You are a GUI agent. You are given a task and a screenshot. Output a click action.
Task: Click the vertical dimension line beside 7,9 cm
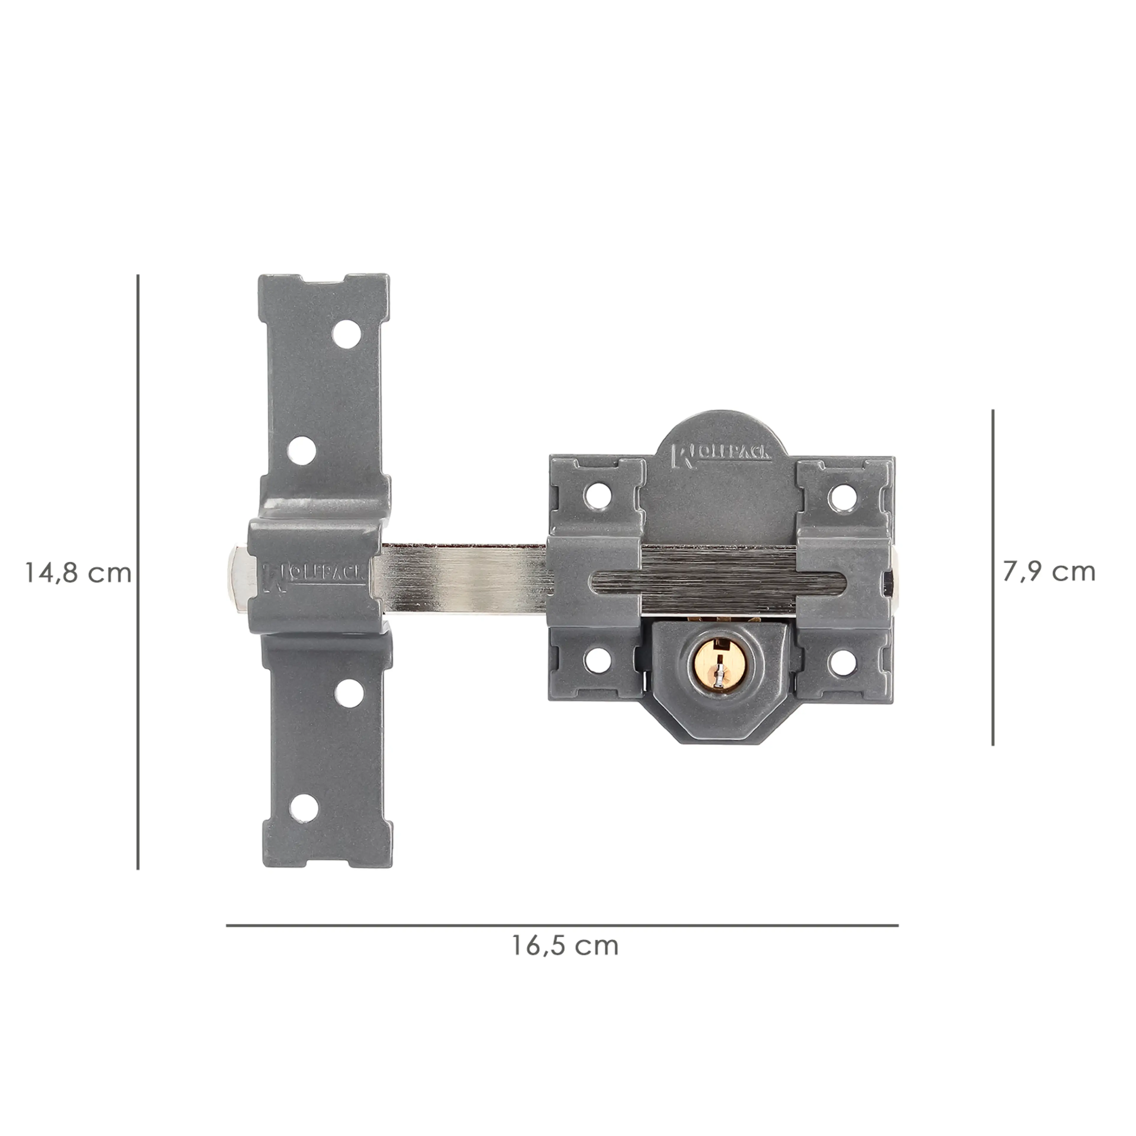993,578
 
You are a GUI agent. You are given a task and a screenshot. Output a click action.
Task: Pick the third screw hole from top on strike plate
348,694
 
